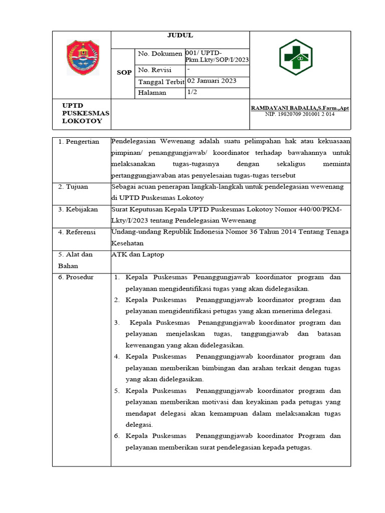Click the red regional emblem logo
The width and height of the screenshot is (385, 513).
[x=83, y=58]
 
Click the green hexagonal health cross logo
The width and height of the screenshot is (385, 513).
[x=295, y=57]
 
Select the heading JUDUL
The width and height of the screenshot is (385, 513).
[x=179, y=36]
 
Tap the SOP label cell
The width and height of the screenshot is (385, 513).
[x=124, y=73]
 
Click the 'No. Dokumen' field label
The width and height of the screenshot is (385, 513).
[x=160, y=54]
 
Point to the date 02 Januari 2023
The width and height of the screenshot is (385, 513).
[x=212, y=81]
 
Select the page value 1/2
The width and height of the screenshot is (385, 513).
[x=192, y=92]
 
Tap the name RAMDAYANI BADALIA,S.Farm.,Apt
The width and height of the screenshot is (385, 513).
[x=300, y=108]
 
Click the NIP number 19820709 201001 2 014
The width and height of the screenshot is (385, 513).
[x=300, y=114]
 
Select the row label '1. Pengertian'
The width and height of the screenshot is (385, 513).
[x=79, y=142]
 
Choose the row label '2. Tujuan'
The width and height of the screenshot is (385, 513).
[x=73, y=187]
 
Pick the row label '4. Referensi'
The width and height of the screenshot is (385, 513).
[x=78, y=232]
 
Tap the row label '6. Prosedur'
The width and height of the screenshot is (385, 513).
[x=77, y=277]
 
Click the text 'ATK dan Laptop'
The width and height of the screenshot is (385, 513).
[x=137, y=254]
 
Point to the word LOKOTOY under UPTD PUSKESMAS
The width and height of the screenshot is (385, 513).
[x=82, y=121]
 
